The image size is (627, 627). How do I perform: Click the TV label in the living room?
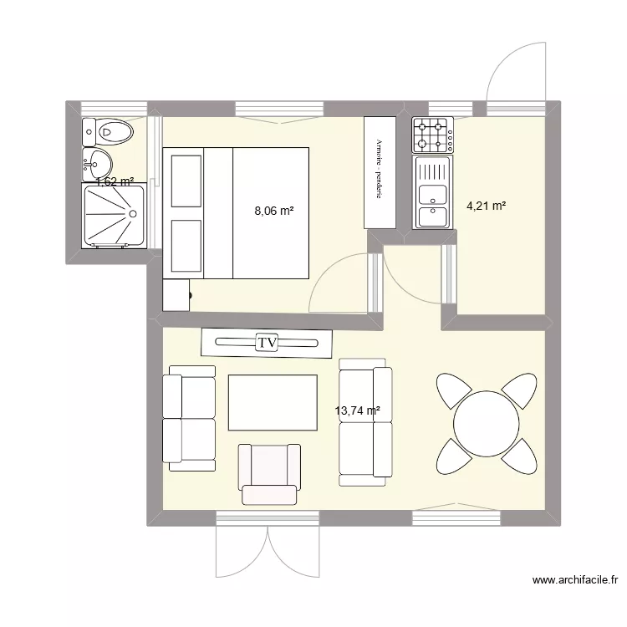267,342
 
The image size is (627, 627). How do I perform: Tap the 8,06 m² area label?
274,212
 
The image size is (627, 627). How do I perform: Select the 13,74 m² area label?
357,410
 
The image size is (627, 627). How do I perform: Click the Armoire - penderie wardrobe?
380,171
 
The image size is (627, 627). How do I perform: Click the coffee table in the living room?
273,403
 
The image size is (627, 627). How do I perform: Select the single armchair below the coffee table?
270,473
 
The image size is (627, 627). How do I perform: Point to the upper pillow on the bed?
186,179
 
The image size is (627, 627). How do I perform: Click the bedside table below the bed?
176,294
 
